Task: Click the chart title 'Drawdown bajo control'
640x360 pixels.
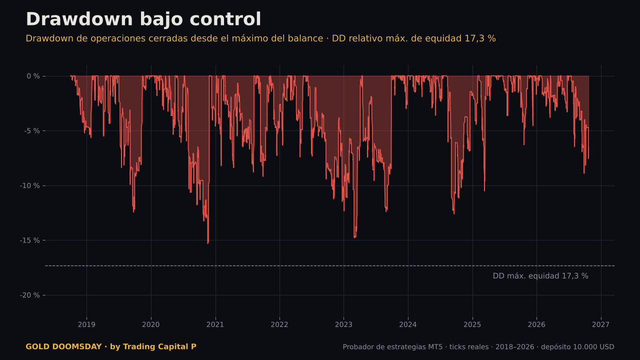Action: tap(143, 19)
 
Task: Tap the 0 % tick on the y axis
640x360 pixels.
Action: tap(33, 76)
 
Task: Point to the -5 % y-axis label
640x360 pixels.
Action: tap(32, 131)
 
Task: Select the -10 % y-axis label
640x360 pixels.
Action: tap(29, 185)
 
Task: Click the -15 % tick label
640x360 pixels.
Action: tap(29, 240)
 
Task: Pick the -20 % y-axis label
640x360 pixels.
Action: tap(29, 295)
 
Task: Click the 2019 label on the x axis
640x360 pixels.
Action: tap(86, 324)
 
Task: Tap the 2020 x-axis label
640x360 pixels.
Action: tap(151, 324)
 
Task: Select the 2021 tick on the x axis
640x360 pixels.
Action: tap(215, 324)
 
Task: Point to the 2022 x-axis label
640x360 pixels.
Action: tap(279, 324)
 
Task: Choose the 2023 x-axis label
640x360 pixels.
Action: tap(343, 324)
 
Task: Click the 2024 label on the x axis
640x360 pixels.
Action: tap(408, 324)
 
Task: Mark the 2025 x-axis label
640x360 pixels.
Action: tap(472, 324)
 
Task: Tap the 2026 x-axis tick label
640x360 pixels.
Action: tap(536, 324)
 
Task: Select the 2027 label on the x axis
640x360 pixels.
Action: tap(601, 324)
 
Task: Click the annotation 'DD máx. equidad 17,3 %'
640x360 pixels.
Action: tap(540, 276)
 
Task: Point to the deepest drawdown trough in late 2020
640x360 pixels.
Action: tap(207, 243)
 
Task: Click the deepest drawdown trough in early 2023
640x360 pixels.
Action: tap(354, 237)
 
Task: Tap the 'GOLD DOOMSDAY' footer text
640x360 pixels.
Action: tap(63, 346)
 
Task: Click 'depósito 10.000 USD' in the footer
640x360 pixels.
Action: tap(577, 347)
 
